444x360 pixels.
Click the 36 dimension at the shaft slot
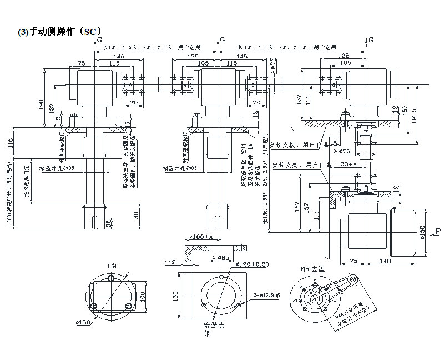point(107,223)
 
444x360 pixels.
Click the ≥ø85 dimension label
point(219,258)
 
